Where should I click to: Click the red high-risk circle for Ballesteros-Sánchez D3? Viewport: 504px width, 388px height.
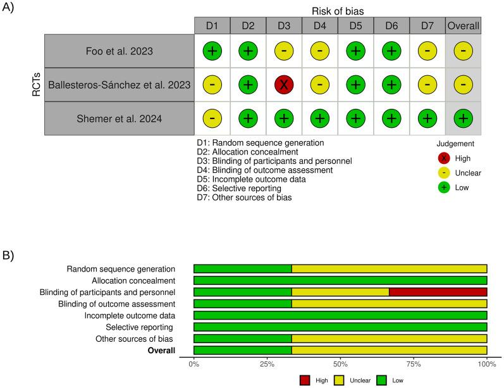pyautogui.click(x=283, y=84)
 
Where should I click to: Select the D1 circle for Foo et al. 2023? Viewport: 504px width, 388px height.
pyautogui.click(x=212, y=50)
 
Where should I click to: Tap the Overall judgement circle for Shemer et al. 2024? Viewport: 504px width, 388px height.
pyautogui.click(x=464, y=118)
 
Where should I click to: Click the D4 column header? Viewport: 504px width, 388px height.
pyautogui.click(x=320, y=25)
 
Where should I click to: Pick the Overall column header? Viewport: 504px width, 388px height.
pyautogui.click(x=464, y=25)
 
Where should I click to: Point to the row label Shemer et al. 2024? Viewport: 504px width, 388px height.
pyautogui.click(x=119, y=118)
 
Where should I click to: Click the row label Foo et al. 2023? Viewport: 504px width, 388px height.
pyautogui.click(x=119, y=50)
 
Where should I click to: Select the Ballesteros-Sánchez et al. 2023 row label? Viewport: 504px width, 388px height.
pyautogui.click(x=119, y=84)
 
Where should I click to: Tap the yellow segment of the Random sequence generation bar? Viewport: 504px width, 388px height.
pyautogui.click(x=389, y=268)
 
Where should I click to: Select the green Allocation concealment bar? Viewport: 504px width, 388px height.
pyautogui.click(x=340, y=280)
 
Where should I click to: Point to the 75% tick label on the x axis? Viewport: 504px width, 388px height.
pyautogui.click(x=414, y=365)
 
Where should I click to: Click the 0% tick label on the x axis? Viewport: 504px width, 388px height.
pyautogui.click(x=194, y=365)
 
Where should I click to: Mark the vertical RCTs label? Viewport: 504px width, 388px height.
pyautogui.click(x=36, y=84)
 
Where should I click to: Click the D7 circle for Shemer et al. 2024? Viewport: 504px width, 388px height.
pyautogui.click(x=427, y=118)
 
